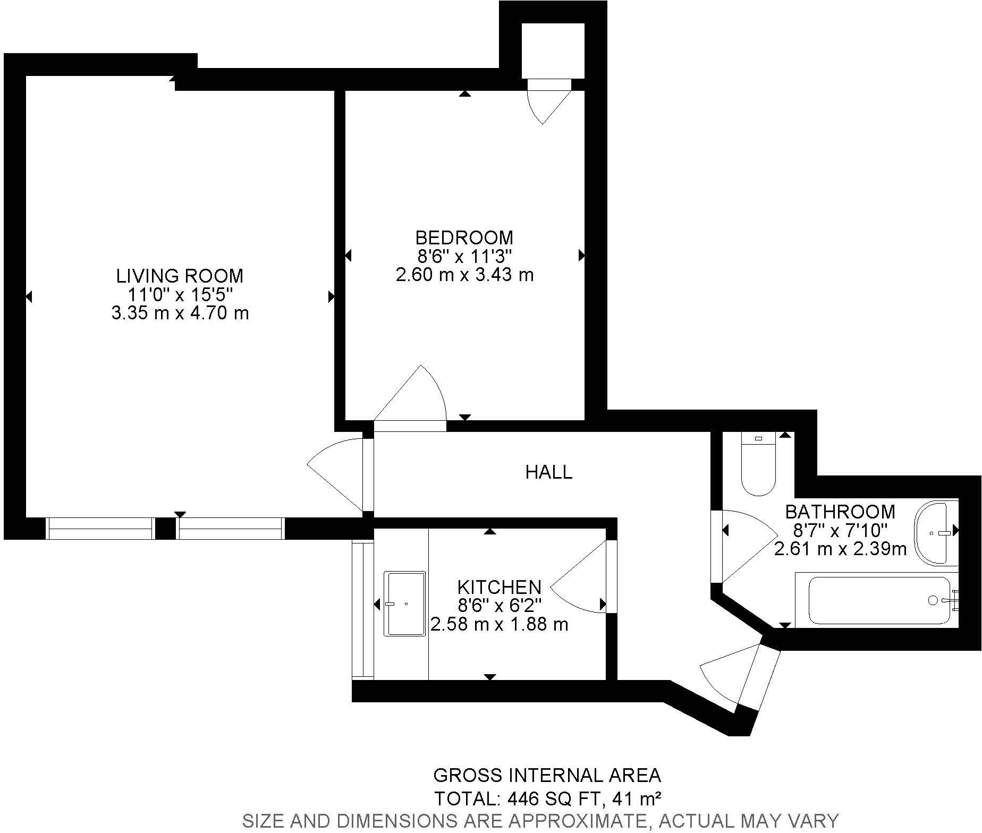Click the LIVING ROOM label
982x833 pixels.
tap(180, 276)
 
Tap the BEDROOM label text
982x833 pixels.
tap(464, 237)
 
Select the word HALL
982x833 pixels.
tap(549, 472)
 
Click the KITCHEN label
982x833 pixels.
tap(499, 587)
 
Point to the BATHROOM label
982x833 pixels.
tap(840, 512)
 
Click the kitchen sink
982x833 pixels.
tap(405, 604)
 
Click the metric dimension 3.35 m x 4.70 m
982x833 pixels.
tap(180, 313)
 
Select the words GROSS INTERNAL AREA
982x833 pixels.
tap(547, 776)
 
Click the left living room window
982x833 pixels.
tap(99, 529)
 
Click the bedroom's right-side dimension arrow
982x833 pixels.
tap(581, 256)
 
